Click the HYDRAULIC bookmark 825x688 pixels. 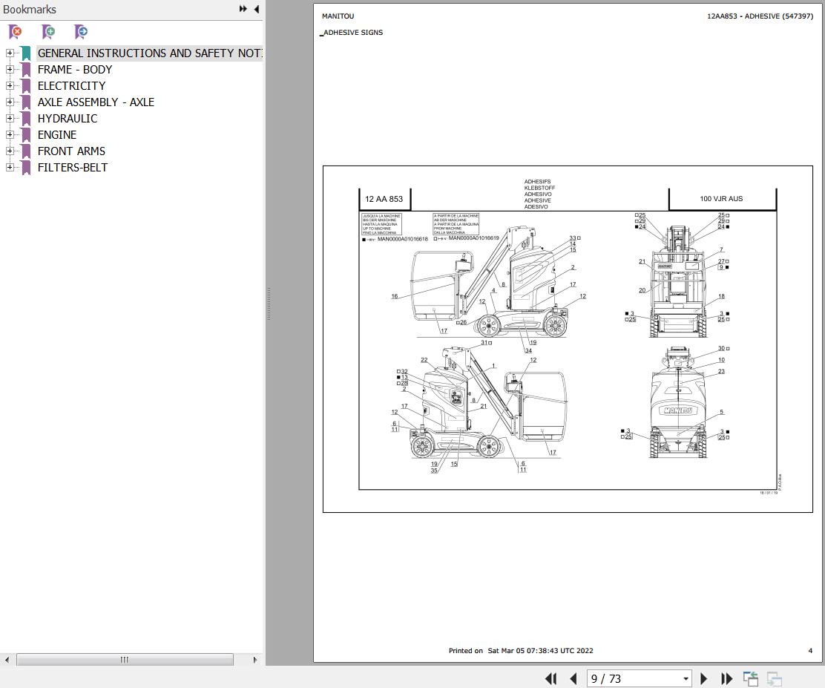[67, 119]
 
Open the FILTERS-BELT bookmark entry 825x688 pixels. [72, 168]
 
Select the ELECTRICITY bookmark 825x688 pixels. [71, 86]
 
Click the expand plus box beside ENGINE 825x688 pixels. [10, 135]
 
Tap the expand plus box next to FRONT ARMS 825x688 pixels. [10, 151]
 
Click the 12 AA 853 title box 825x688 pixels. [384, 199]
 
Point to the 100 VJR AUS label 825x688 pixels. [721, 199]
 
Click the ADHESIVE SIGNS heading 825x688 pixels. [353, 33]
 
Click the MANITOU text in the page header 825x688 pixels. [338, 16]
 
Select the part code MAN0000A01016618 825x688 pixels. [403, 239]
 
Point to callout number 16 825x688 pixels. [395, 296]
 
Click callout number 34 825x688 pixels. [527, 351]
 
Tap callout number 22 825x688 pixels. [424, 361]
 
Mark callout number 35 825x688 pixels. [434, 471]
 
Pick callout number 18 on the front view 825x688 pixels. [721, 296]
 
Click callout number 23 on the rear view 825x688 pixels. [721, 372]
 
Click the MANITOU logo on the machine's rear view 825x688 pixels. [677, 410]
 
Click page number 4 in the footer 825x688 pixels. [810, 651]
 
